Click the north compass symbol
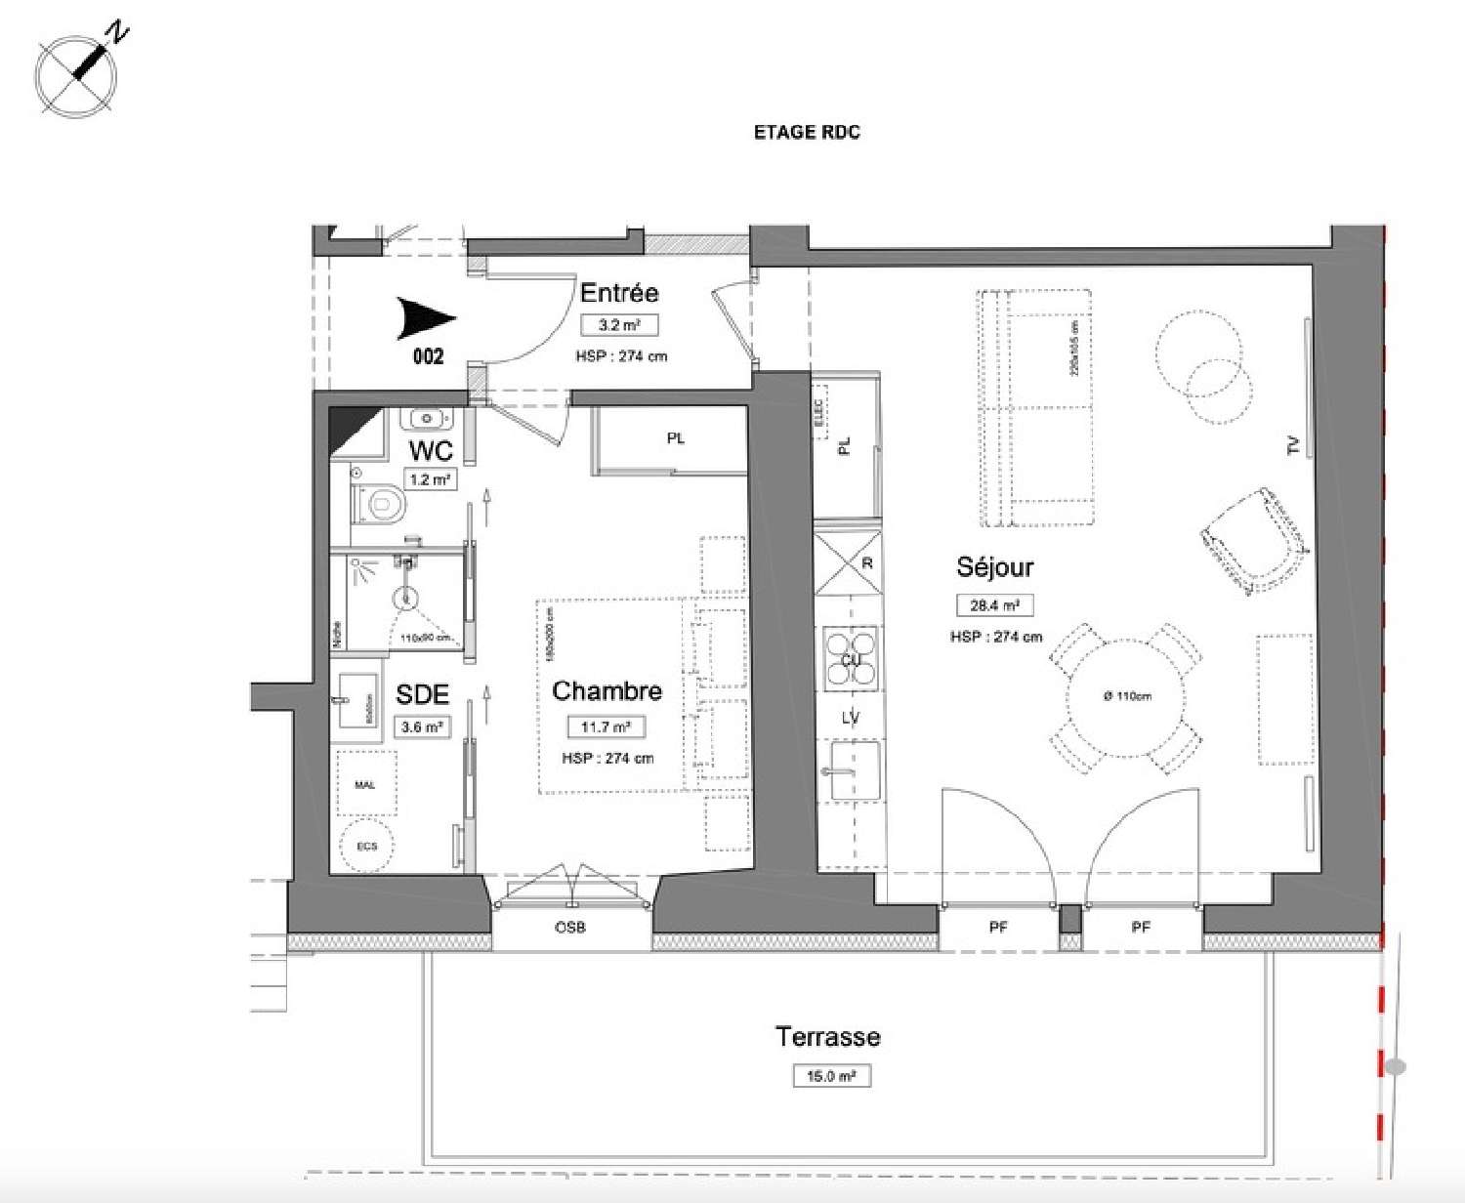pyautogui.click(x=76, y=74)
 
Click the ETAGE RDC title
pyautogui.click(x=807, y=133)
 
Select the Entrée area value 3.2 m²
pyautogui.click(x=619, y=325)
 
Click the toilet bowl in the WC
pyautogui.click(x=382, y=504)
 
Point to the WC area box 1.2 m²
pyautogui.click(x=431, y=479)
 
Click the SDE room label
pyautogui.click(x=422, y=694)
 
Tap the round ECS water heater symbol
pyautogui.click(x=366, y=846)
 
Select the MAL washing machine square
pyautogui.click(x=366, y=784)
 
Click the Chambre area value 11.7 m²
pyautogui.click(x=606, y=726)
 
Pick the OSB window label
pyautogui.click(x=570, y=927)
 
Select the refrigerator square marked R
pyautogui.click(x=848, y=563)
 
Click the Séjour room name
pyautogui.click(x=994, y=567)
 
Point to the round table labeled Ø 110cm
pyautogui.click(x=1126, y=696)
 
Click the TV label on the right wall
pyautogui.click(x=1295, y=446)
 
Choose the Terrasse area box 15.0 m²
pyautogui.click(x=831, y=1076)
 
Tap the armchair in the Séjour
pyautogui.click(x=1254, y=540)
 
